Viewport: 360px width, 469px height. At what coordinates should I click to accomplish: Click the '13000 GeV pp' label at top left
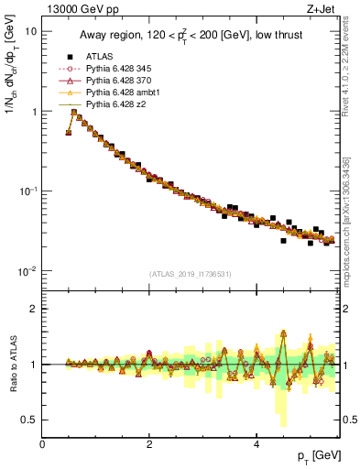[78, 9]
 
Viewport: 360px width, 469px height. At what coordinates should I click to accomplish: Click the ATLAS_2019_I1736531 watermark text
[191, 274]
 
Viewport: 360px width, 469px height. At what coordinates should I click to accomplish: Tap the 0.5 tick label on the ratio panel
[29, 420]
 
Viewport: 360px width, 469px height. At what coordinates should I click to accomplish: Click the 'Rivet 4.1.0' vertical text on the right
[349, 64]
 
